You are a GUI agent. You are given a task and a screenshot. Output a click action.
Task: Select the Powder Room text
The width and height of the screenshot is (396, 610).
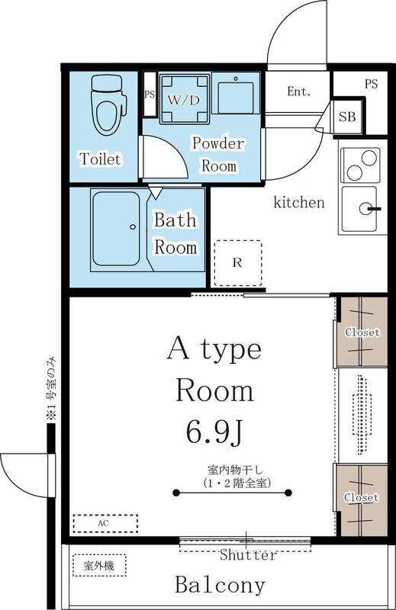pos(217,154)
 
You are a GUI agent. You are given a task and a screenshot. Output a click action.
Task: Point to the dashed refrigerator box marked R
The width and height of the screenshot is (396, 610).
pos(237,263)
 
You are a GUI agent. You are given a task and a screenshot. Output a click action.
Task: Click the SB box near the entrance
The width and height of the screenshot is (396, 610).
pos(347,117)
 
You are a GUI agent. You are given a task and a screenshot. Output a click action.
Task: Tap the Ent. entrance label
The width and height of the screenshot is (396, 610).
pos(298,91)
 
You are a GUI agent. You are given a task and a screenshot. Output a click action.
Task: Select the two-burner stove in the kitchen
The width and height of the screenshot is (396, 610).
pos(360,162)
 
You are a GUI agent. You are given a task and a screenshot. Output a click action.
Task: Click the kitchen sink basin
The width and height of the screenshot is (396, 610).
pos(362,208)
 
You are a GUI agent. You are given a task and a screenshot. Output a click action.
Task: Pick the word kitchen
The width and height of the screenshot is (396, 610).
pos(299,203)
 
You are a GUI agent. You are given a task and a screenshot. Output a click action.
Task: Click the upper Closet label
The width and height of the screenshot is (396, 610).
pos(362,332)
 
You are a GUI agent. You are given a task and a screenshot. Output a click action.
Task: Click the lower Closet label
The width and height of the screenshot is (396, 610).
pos(362,497)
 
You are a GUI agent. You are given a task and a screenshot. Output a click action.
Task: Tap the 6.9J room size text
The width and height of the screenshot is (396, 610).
pos(214,432)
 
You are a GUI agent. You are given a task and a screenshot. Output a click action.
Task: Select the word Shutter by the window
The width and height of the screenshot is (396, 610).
pos(248,556)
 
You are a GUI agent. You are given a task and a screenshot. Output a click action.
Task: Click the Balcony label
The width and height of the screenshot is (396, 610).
pos(220,586)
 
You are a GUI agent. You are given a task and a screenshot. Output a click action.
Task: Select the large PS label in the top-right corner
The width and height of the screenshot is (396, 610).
pos(370,84)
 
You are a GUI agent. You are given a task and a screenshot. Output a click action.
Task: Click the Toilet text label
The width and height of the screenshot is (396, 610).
pos(100,159)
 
